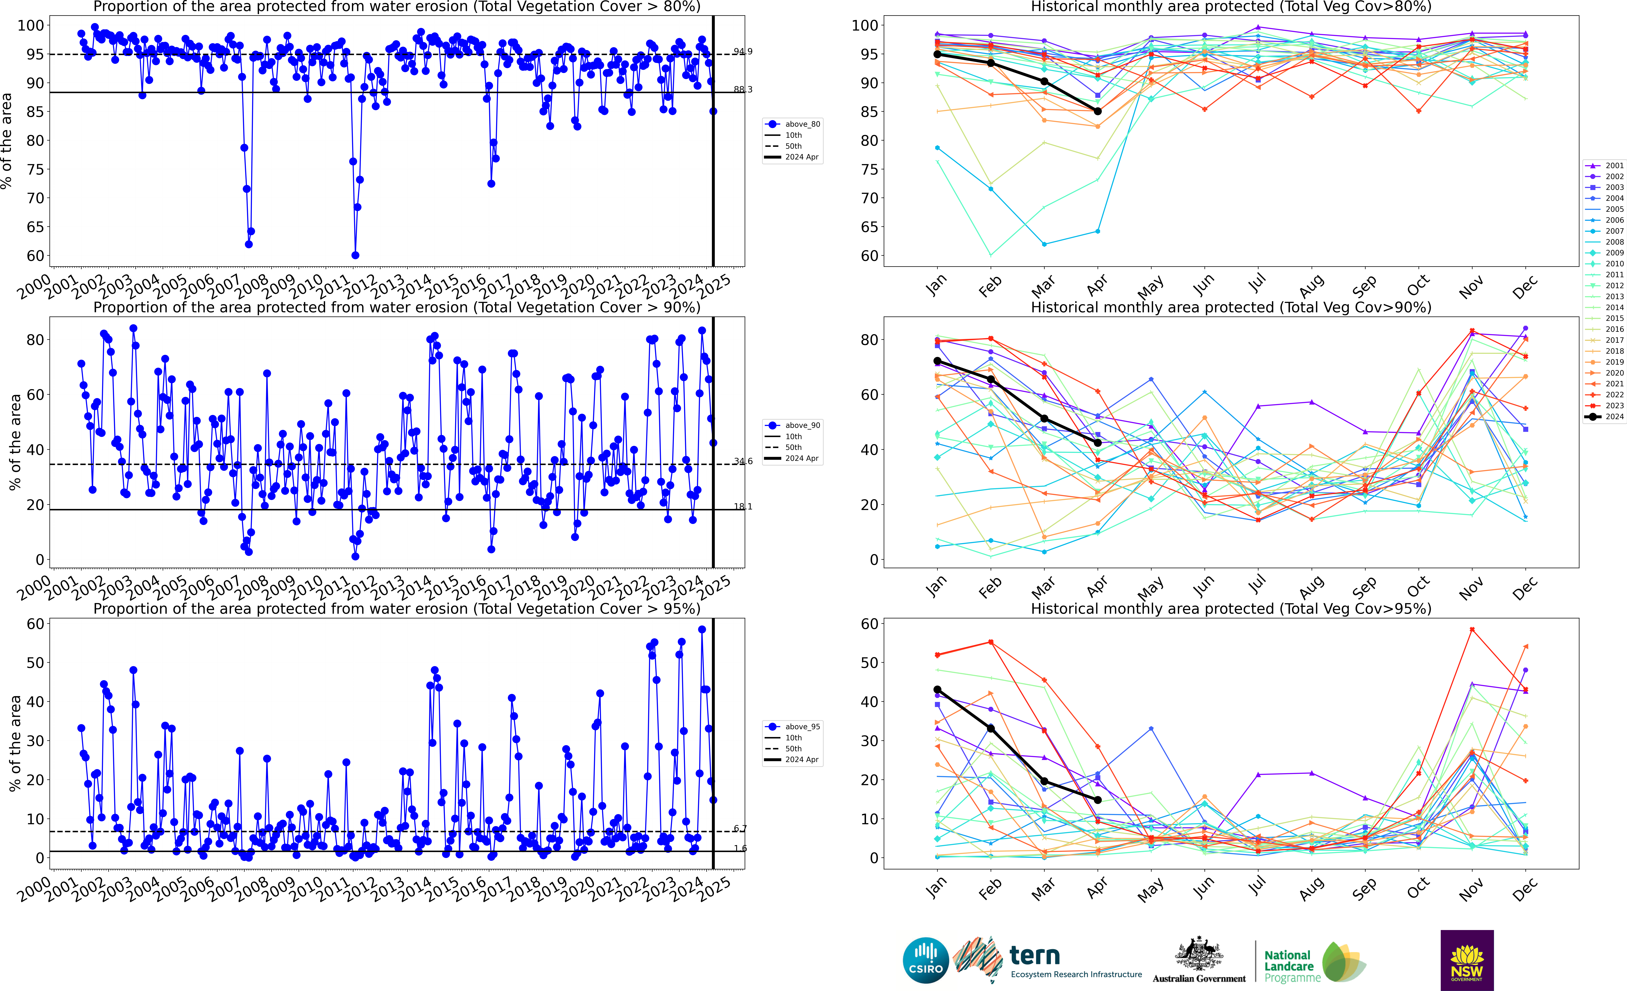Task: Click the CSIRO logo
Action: pos(926,960)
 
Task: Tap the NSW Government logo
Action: pos(1467,960)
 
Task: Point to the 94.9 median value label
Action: pos(742,52)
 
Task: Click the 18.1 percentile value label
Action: pos(742,507)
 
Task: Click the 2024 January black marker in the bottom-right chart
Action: pos(937,690)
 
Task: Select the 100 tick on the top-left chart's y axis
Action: pos(30,26)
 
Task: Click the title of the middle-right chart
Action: pos(1231,307)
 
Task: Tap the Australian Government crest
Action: pos(1198,953)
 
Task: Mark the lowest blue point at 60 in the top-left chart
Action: pos(355,255)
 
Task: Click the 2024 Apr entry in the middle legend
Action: pos(802,459)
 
